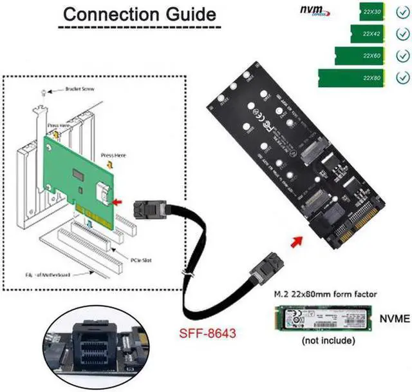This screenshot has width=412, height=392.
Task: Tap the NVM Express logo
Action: pyautogui.click(x=315, y=11)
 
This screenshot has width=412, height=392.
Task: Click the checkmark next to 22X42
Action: pyautogui.click(x=404, y=34)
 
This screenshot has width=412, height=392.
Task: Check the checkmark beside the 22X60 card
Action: pyautogui.click(x=404, y=56)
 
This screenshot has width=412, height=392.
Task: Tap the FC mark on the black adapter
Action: pyautogui.click(x=255, y=121)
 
